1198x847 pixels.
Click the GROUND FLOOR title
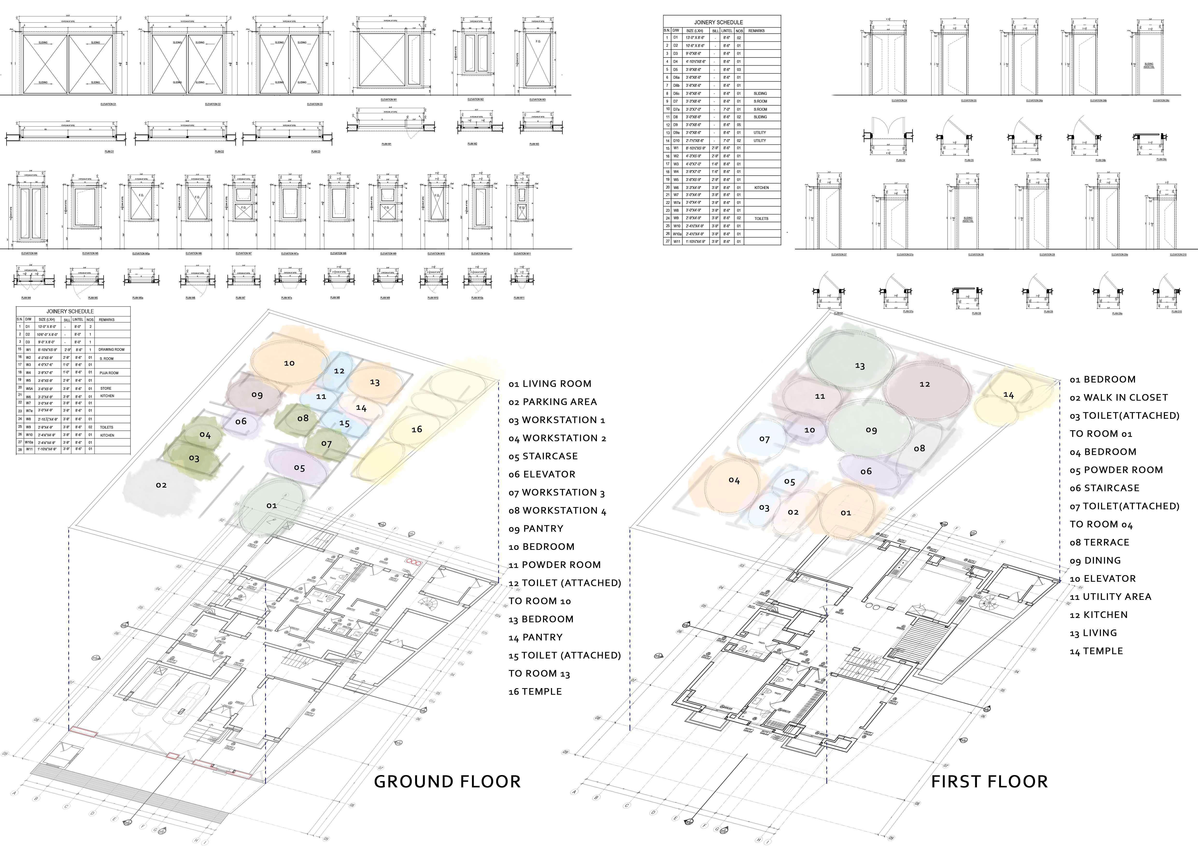click(x=447, y=781)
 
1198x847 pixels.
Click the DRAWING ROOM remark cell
click(x=111, y=349)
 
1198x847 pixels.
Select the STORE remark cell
click(x=106, y=388)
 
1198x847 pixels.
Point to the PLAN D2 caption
click(x=219, y=152)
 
